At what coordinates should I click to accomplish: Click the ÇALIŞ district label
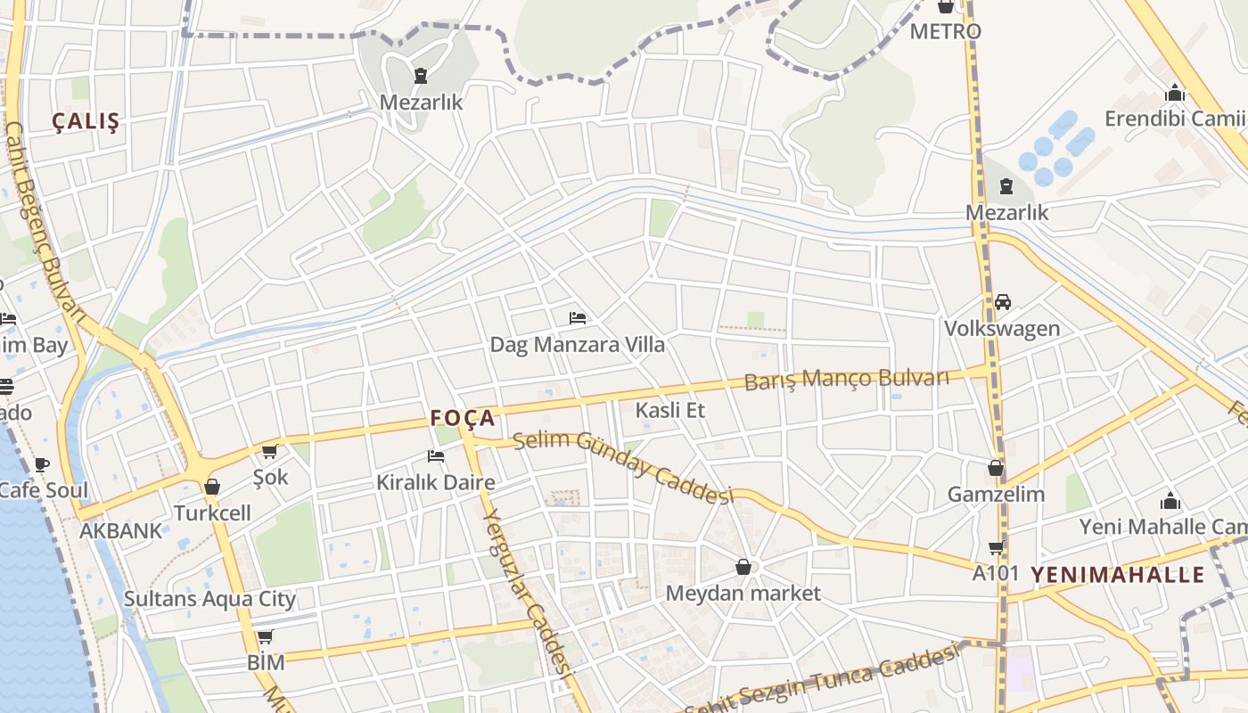[86, 122]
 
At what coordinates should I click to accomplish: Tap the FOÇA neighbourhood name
[462, 417]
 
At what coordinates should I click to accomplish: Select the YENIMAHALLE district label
[1118, 575]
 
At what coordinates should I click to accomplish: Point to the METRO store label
[945, 31]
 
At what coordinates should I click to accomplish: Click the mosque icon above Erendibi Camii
[1174, 94]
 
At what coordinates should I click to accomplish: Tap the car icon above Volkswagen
[1002, 302]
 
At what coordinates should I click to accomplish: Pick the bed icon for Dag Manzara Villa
[578, 318]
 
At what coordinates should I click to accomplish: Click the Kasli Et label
[669, 410]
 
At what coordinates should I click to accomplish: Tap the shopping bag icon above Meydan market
[743, 567]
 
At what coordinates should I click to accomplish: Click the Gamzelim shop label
[995, 494]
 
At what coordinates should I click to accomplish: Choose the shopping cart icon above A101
[996, 547]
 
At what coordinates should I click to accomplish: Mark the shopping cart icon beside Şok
[269, 452]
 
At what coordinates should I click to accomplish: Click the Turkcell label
[212, 513]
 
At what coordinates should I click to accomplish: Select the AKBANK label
[121, 531]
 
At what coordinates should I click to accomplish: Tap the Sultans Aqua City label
[209, 599]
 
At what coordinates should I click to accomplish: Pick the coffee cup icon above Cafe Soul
[41, 464]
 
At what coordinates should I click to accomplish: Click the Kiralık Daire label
[435, 483]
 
